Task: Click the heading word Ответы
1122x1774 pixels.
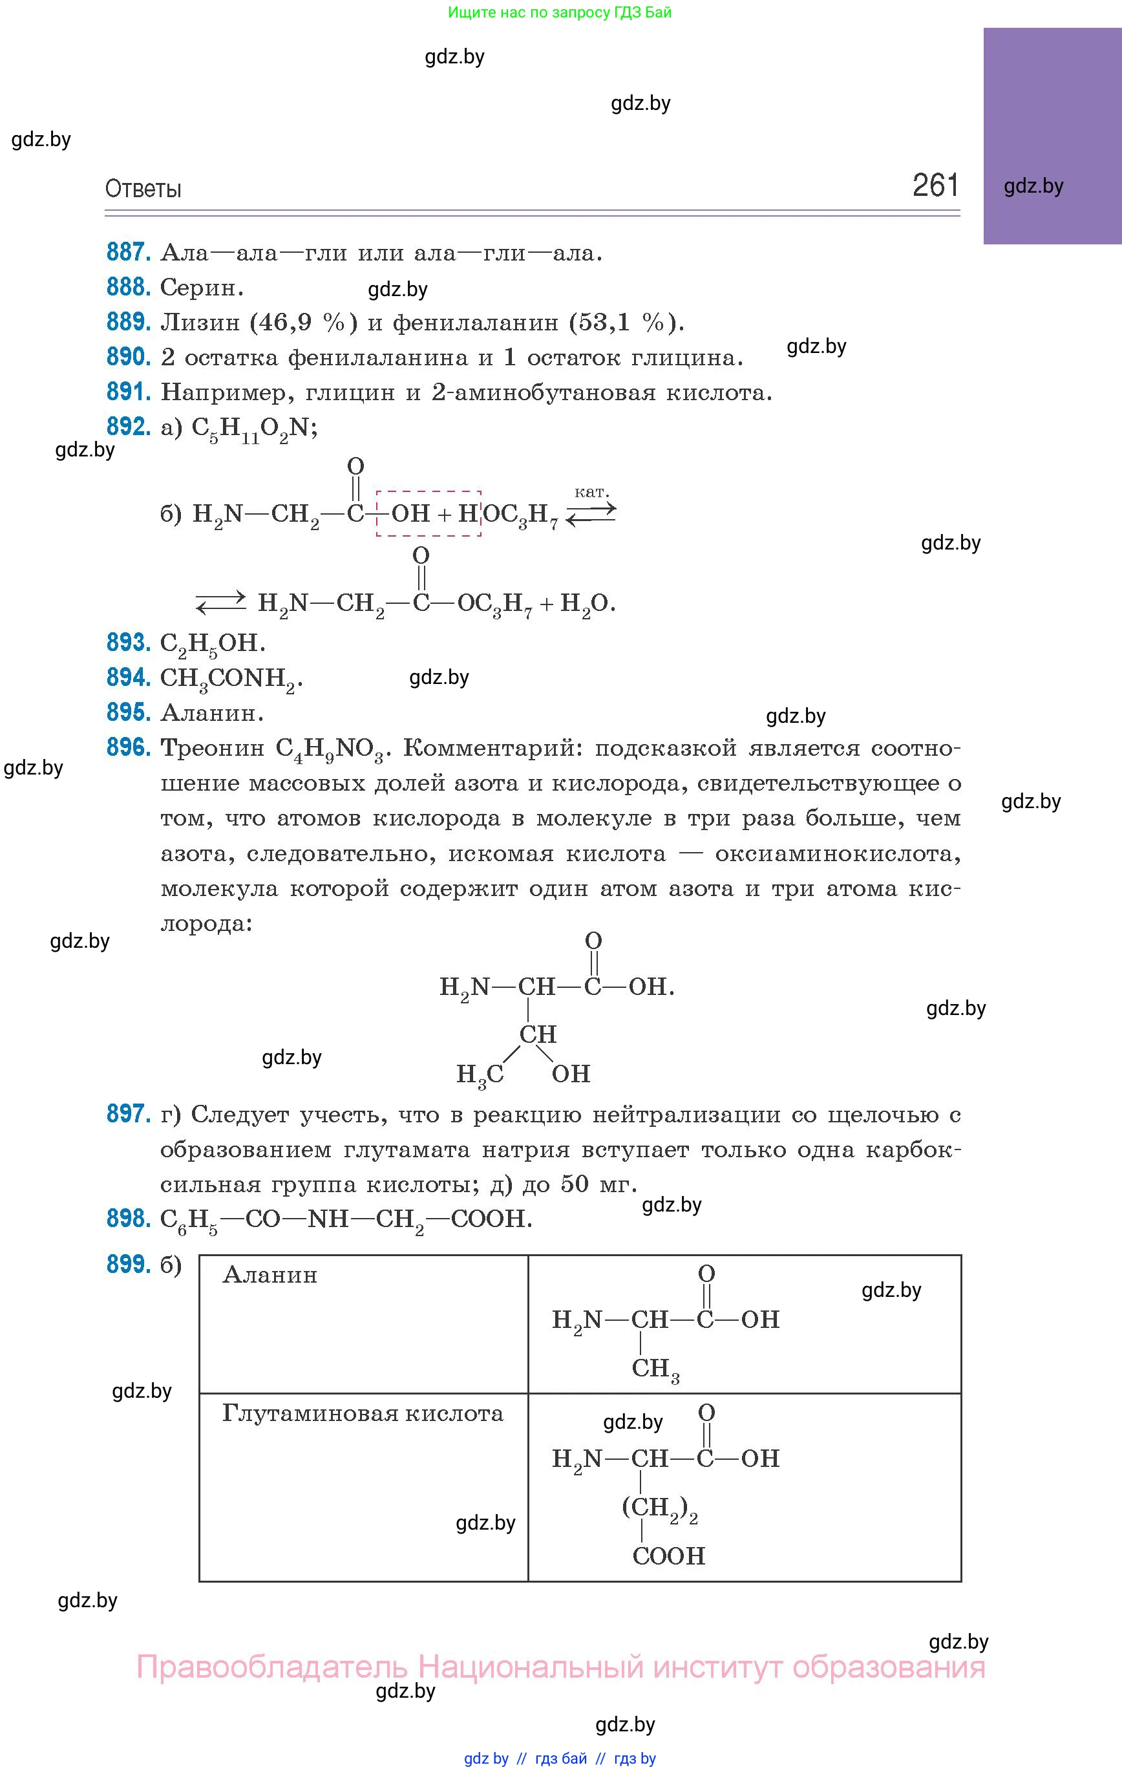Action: [143, 189]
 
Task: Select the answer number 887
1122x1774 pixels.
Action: [128, 253]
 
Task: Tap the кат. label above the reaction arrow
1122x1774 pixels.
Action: [591, 491]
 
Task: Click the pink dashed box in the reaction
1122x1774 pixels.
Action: [428, 513]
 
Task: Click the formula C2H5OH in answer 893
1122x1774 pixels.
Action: [212, 644]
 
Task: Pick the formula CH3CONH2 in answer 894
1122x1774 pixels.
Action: [231, 679]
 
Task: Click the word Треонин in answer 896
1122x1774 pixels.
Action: [212, 749]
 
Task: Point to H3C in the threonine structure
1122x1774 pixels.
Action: [480, 1075]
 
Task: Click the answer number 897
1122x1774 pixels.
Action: [128, 1114]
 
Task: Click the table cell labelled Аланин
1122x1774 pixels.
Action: [270, 1276]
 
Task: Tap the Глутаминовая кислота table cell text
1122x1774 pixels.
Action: [363, 1414]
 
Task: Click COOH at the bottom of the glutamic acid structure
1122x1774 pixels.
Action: [668, 1556]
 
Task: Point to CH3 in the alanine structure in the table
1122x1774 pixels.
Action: [655, 1369]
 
